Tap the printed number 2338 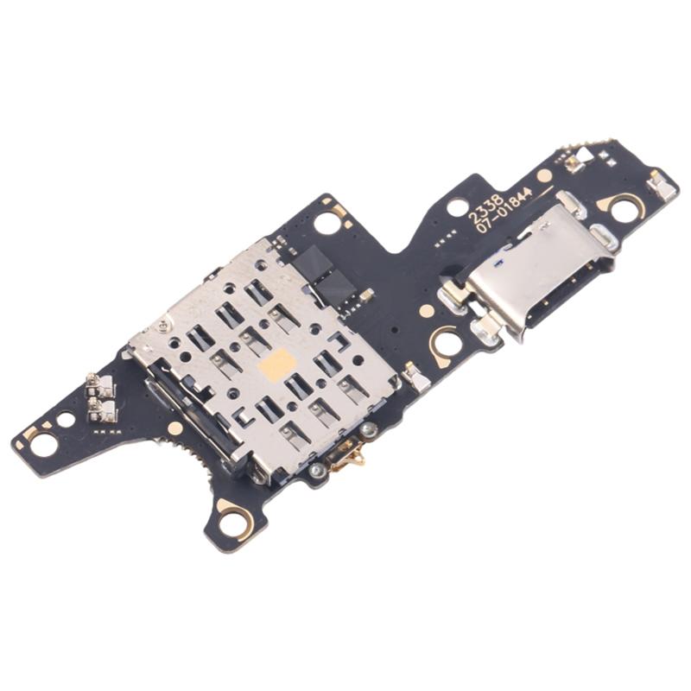click(485, 209)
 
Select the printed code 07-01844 click(504, 211)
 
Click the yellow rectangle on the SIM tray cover click(276, 365)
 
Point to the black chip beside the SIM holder click(325, 276)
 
